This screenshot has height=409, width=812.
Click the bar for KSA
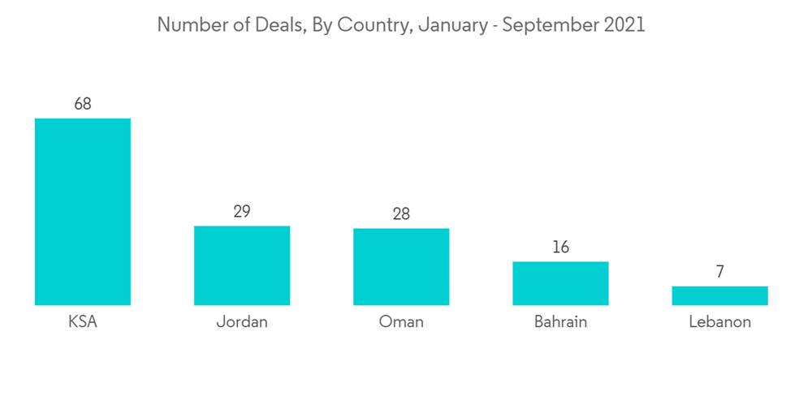click(82, 212)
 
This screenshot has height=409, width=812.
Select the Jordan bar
click(242, 265)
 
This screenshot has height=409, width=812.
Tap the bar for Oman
click(401, 267)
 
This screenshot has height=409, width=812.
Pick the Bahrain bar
click(560, 283)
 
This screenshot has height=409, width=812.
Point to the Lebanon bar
click(719, 295)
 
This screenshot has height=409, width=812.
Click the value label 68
click(82, 104)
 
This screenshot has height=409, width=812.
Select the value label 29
click(242, 212)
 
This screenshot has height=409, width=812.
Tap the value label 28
click(401, 214)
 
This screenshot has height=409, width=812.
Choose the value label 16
click(560, 248)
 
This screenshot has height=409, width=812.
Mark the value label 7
click(719, 272)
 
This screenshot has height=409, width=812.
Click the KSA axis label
click(82, 322)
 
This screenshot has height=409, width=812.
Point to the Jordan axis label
click(242, 322)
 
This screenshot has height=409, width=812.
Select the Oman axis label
click(401, 322)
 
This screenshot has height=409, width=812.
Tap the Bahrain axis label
click(560, 322)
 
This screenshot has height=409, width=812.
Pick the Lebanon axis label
click(719, 322)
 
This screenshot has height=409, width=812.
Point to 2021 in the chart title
click(624, 25)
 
